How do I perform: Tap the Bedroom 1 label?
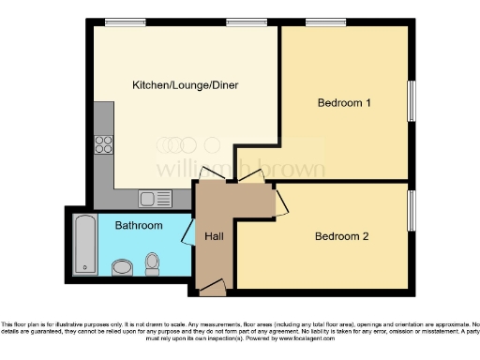pos(345,102)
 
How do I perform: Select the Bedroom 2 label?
pos(341,235)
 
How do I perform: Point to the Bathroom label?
pos(139,226)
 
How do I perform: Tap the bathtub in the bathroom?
pos(85,243)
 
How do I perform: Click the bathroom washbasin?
pos(122,269)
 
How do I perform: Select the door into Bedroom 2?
pos(279,201)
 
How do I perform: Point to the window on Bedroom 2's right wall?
pos(410,211)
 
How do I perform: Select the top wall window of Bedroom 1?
pos(325,22)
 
